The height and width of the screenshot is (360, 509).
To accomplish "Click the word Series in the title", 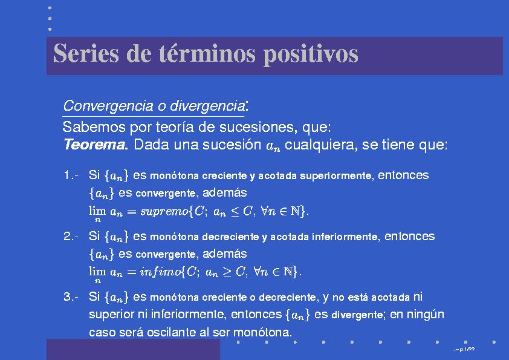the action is pos(86,53).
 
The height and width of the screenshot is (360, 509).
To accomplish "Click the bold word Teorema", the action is pos(95,144).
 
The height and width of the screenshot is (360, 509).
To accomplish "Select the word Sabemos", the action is pos(94,126).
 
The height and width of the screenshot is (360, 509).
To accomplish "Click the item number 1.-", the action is pos(71,175).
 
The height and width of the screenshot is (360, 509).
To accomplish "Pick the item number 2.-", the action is pos(71,236).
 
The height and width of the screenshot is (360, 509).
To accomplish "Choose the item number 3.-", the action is pos(71,297).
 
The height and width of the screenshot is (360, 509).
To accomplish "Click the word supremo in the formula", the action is pos(164,212).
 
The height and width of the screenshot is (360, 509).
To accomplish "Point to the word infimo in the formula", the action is pos(160,272).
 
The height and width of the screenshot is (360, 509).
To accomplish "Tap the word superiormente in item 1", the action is pos(336,176).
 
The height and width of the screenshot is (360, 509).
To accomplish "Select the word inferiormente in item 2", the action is pos(345,237).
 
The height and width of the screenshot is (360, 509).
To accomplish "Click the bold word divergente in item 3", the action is pos(357,315).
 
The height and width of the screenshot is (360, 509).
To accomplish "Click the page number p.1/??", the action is pos(467,350).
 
